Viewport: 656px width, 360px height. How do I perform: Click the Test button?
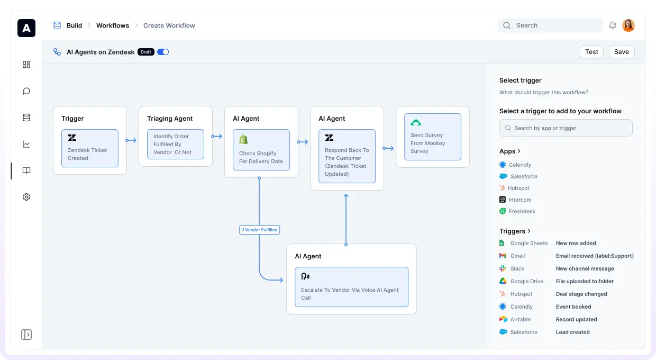591,52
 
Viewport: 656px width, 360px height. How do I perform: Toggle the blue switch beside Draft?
163,52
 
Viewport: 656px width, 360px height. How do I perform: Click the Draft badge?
146,52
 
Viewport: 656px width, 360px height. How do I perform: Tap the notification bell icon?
613,25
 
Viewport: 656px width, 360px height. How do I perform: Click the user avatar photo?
628,25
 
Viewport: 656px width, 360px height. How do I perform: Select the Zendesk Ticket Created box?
90,148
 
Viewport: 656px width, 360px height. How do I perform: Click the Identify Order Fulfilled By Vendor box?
176,144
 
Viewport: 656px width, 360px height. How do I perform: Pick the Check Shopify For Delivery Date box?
261,150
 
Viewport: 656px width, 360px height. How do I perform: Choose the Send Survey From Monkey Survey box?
433,137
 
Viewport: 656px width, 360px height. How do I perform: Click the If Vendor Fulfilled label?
259,230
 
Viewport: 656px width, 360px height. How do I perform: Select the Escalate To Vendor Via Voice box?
351,287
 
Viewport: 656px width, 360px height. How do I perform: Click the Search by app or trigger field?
566,128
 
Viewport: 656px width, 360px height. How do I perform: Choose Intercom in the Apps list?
515,200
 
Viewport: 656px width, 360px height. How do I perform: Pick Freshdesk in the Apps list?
517,211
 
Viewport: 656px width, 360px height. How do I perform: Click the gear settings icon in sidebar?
26,197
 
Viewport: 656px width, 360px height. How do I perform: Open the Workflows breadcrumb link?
113,25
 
